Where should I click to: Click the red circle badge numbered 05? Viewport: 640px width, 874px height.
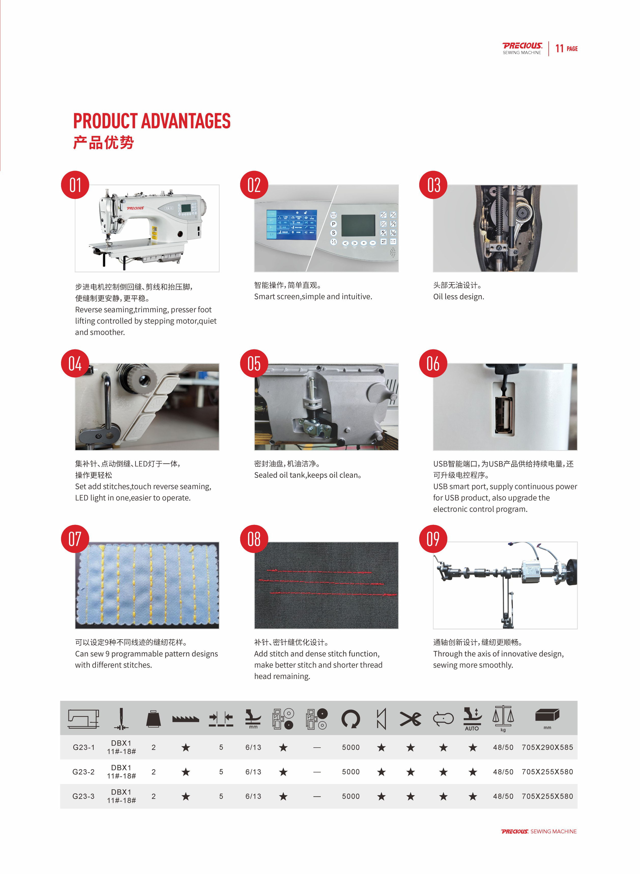coord(254,363)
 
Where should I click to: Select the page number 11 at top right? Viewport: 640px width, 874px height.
coord(559,48)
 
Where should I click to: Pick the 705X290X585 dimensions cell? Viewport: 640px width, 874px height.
coord(547,747)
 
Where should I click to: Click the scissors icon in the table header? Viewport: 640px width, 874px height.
coord(410,719)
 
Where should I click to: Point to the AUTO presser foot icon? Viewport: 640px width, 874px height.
coord(472,719)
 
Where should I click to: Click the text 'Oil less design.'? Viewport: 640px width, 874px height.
coord(458,297)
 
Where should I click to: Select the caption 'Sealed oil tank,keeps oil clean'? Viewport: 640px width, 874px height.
coord(308,475)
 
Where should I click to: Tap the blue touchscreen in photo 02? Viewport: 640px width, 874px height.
coord(291,224)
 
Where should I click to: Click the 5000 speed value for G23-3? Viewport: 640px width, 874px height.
coord(351,796)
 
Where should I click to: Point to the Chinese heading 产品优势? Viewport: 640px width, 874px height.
coord(104,142)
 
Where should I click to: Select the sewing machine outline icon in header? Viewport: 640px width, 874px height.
coord(83,719)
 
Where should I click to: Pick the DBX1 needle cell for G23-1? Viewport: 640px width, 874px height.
coord(121,747)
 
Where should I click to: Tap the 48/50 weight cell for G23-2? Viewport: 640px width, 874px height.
coord(503,772)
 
